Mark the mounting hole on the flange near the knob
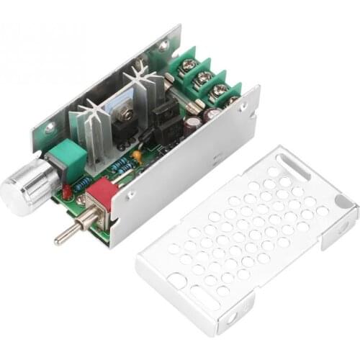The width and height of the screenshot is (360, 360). click(x=50, y=130)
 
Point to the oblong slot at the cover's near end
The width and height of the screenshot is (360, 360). click(x=208, y=295)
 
